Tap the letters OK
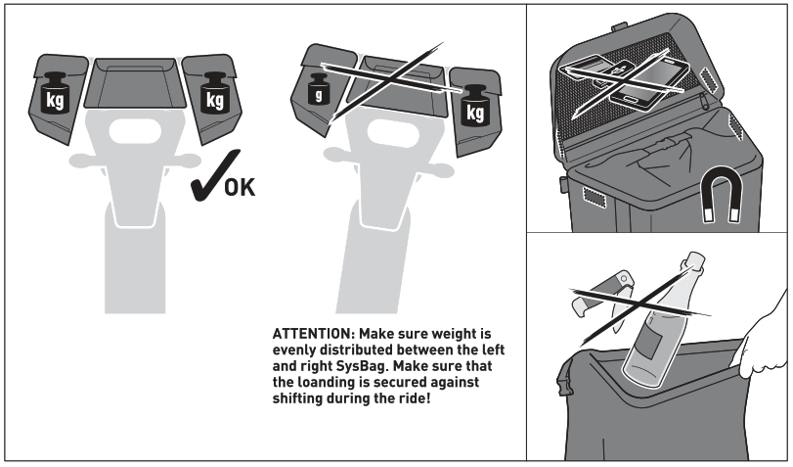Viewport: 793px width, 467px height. pos(239,186)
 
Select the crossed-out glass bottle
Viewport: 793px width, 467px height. pos(661,318)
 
